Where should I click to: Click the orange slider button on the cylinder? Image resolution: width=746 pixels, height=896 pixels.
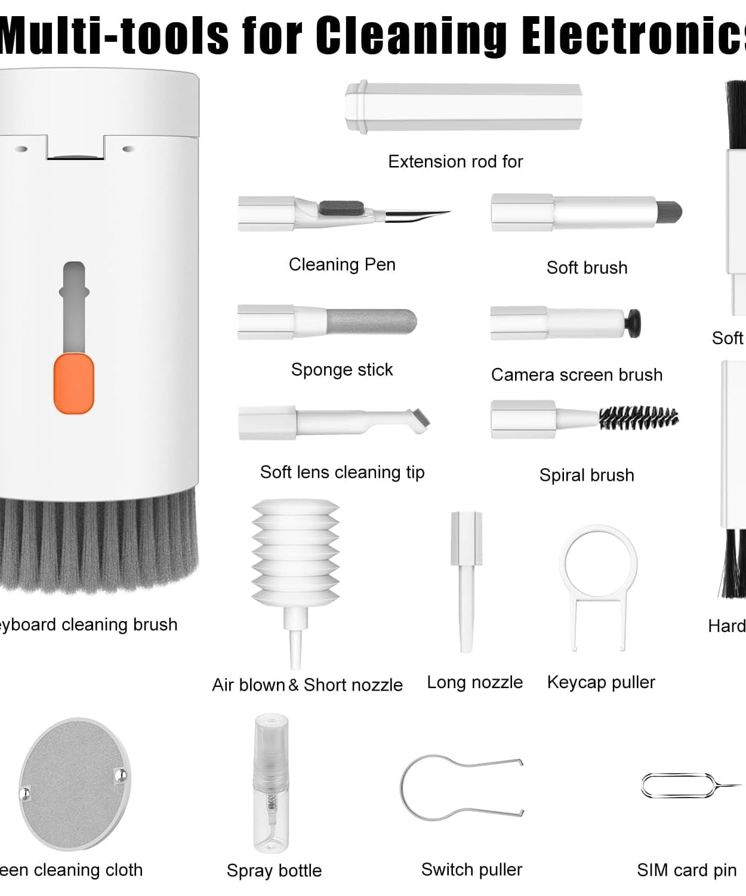tap(74, 383)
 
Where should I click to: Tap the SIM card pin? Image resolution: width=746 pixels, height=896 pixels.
tap(686, 786)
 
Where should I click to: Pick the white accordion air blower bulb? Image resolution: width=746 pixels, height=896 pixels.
tap(295, 553)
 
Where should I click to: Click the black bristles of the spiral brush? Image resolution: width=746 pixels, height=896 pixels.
tap(639, 418)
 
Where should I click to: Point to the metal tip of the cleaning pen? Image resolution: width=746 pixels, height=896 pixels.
tap(418, 215)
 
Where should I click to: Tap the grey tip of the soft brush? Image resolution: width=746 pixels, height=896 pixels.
tap(668, 212)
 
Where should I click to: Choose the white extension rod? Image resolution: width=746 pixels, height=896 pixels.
tap(463, 108)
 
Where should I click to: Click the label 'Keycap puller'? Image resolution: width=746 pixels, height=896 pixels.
tap(601, 682)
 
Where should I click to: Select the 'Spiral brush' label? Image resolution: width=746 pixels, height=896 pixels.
tap(587, 475)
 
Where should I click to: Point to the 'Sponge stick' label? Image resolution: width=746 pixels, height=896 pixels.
tap(342, 370)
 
